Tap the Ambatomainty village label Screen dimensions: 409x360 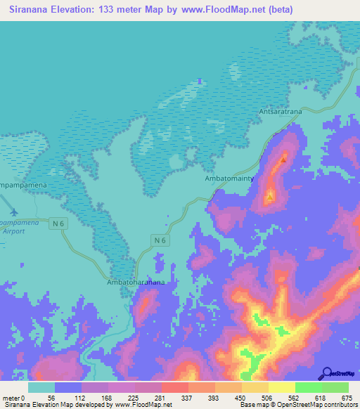[229, 179]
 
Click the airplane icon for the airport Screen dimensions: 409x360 [15, 212]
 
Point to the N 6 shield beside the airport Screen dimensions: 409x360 [59, 223]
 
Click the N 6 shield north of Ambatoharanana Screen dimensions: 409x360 [161, 240]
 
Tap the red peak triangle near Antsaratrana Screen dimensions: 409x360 [283, 160]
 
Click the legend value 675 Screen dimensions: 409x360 [346, 398]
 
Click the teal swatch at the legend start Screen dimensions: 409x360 [41, 387]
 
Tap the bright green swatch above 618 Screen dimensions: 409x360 [308, 387]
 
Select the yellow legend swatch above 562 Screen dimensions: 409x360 [281, 387]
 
